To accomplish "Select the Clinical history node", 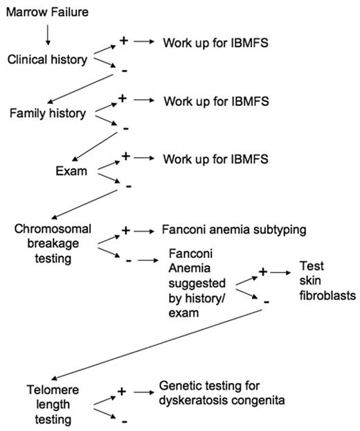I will (x=48, y=60).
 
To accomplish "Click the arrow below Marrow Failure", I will (x=46, y=33).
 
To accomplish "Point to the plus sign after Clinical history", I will (x=124, y=41).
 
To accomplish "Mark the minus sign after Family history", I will (x=125, y=128).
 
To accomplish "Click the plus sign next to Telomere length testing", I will (x=122, y=392).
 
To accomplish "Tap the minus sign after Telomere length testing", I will (x=123, y=421).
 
